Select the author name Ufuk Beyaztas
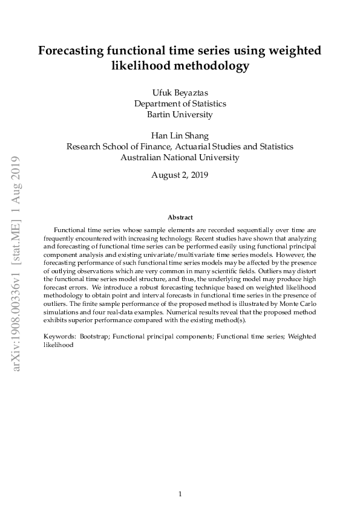(180, 92)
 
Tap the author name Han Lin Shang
(180, 135)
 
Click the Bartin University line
(180, 114)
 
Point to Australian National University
(180, 157)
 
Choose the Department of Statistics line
(180, 103)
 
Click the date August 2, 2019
(180, 175)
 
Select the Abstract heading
(180, 217)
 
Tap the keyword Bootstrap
(94, 336)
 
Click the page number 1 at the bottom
(180, 494)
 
